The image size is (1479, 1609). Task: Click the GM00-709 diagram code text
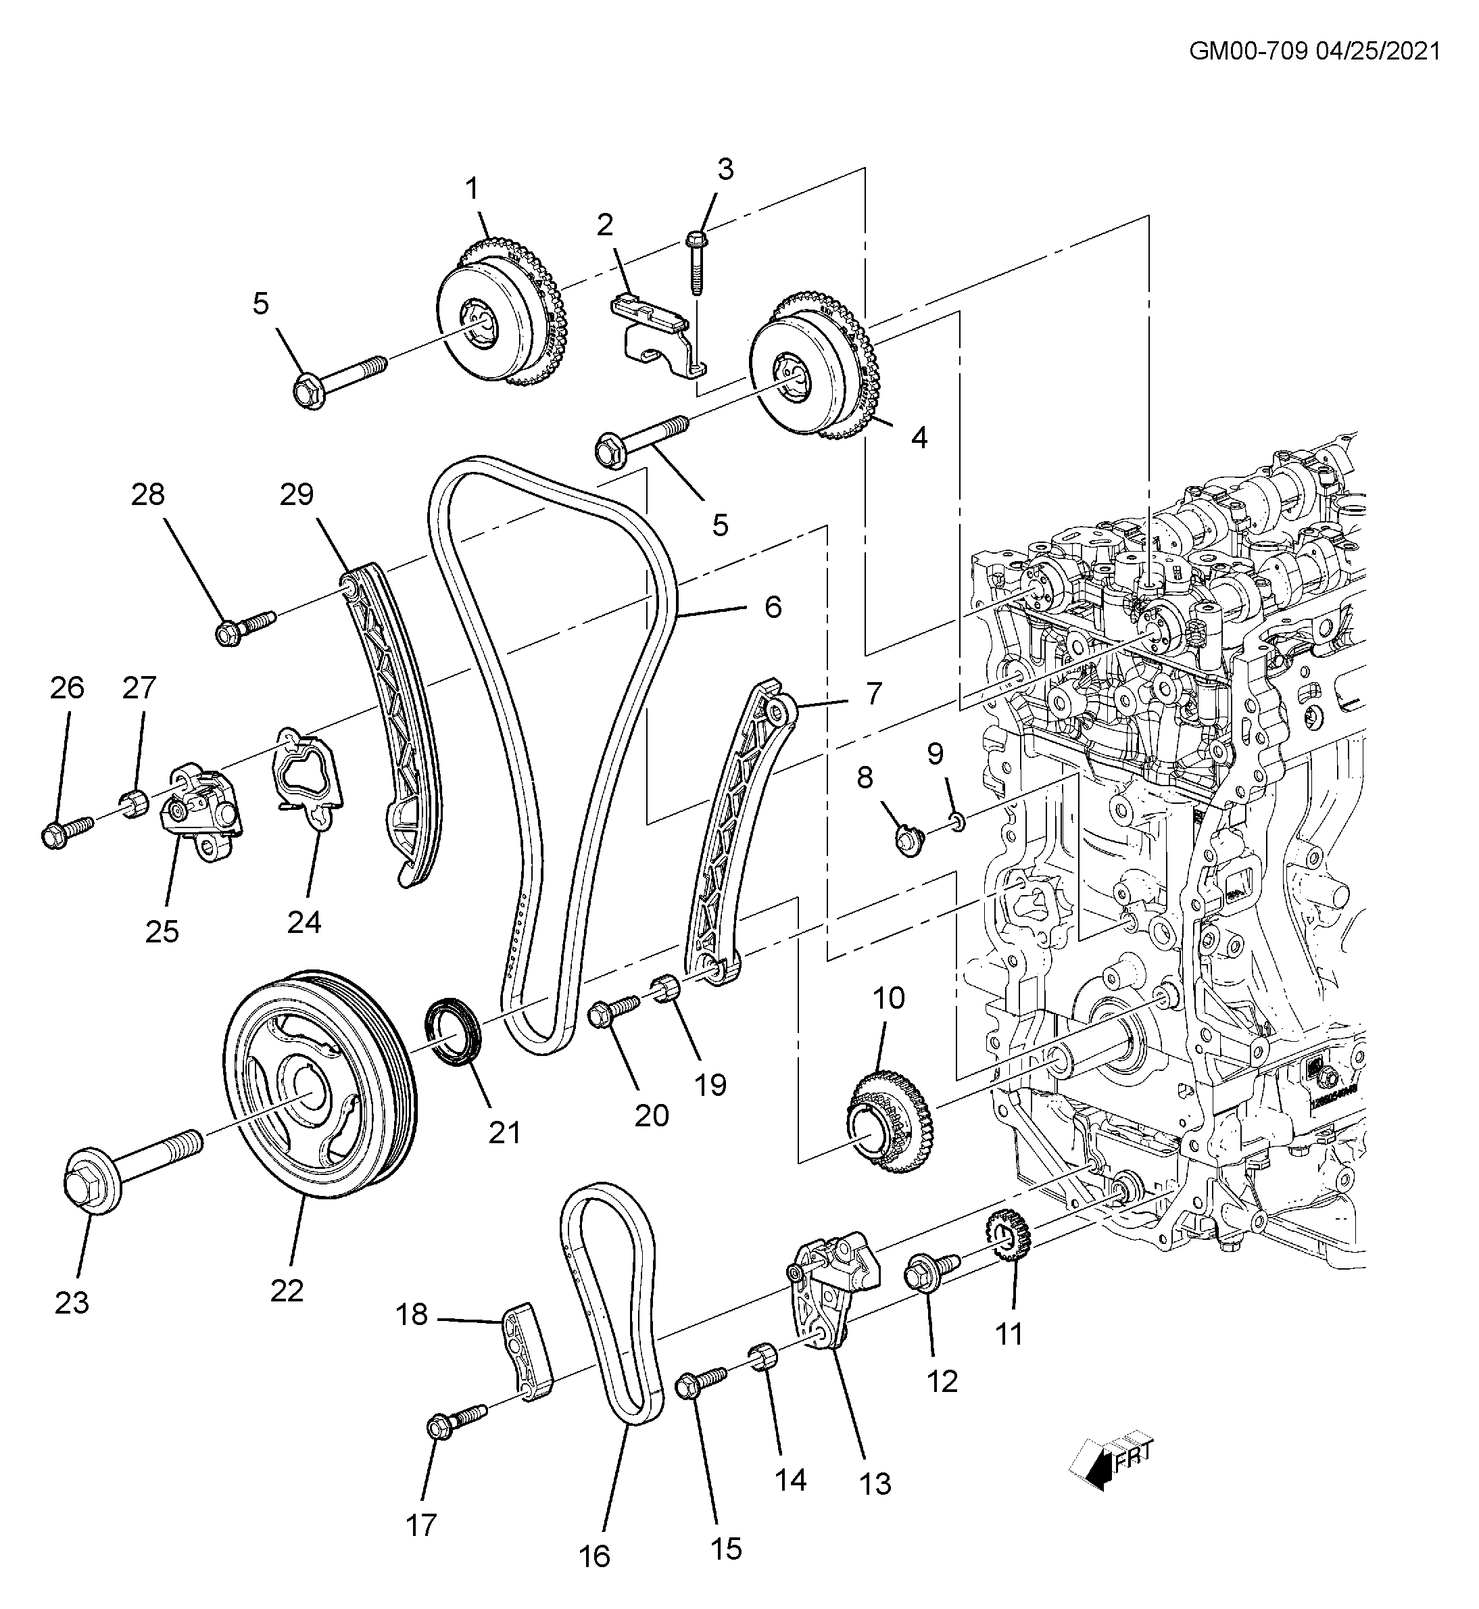tap(1248, 51)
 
